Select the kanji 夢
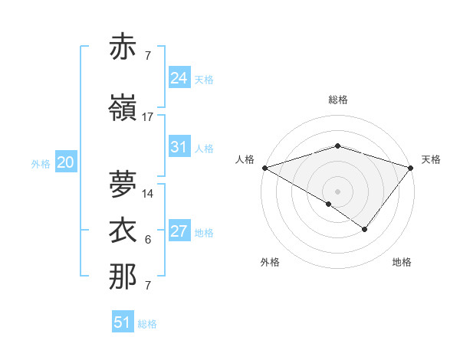(x=123, y=184)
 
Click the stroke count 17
(x=148, y=117)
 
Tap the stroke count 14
(x=148, y=194)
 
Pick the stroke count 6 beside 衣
(x=148, y=240)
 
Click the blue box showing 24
(x=179, y=77)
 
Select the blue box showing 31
(x=179, y=147)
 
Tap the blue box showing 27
(x=179, y=231)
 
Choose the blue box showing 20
(x=65, y=162)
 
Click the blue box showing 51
(x=123, y=322)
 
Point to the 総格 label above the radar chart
(x=338, y=100)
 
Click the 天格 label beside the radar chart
(x=431, y=159)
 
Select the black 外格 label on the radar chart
(x=270, y=262)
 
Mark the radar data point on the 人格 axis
(x=264, y=167)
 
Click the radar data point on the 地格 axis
(x=365, y=229)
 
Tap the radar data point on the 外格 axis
(x=328, y=204)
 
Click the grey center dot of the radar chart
(x=337, y=191)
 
